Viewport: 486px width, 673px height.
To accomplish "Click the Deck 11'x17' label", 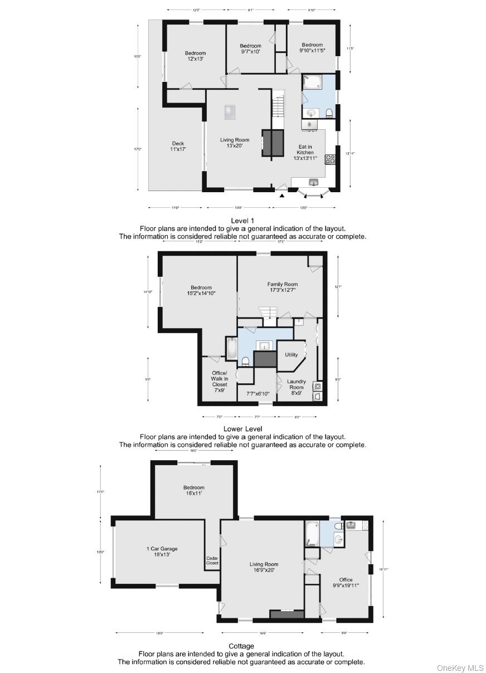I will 178,147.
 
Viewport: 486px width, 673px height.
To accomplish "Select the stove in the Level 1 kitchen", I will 330,159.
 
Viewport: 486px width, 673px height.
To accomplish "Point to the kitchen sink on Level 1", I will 313,182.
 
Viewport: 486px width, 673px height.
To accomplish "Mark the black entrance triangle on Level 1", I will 282,195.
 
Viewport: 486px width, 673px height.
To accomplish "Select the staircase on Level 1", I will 278,105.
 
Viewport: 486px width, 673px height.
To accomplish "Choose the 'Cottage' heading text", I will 241,646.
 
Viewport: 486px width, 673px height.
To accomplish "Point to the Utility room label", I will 291,354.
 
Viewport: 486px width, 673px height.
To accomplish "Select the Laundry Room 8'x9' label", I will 296,387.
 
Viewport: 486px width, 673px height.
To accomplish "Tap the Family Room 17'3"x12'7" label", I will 282,287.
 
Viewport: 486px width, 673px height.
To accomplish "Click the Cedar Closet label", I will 212,560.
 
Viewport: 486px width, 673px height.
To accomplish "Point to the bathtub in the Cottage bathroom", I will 312,534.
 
